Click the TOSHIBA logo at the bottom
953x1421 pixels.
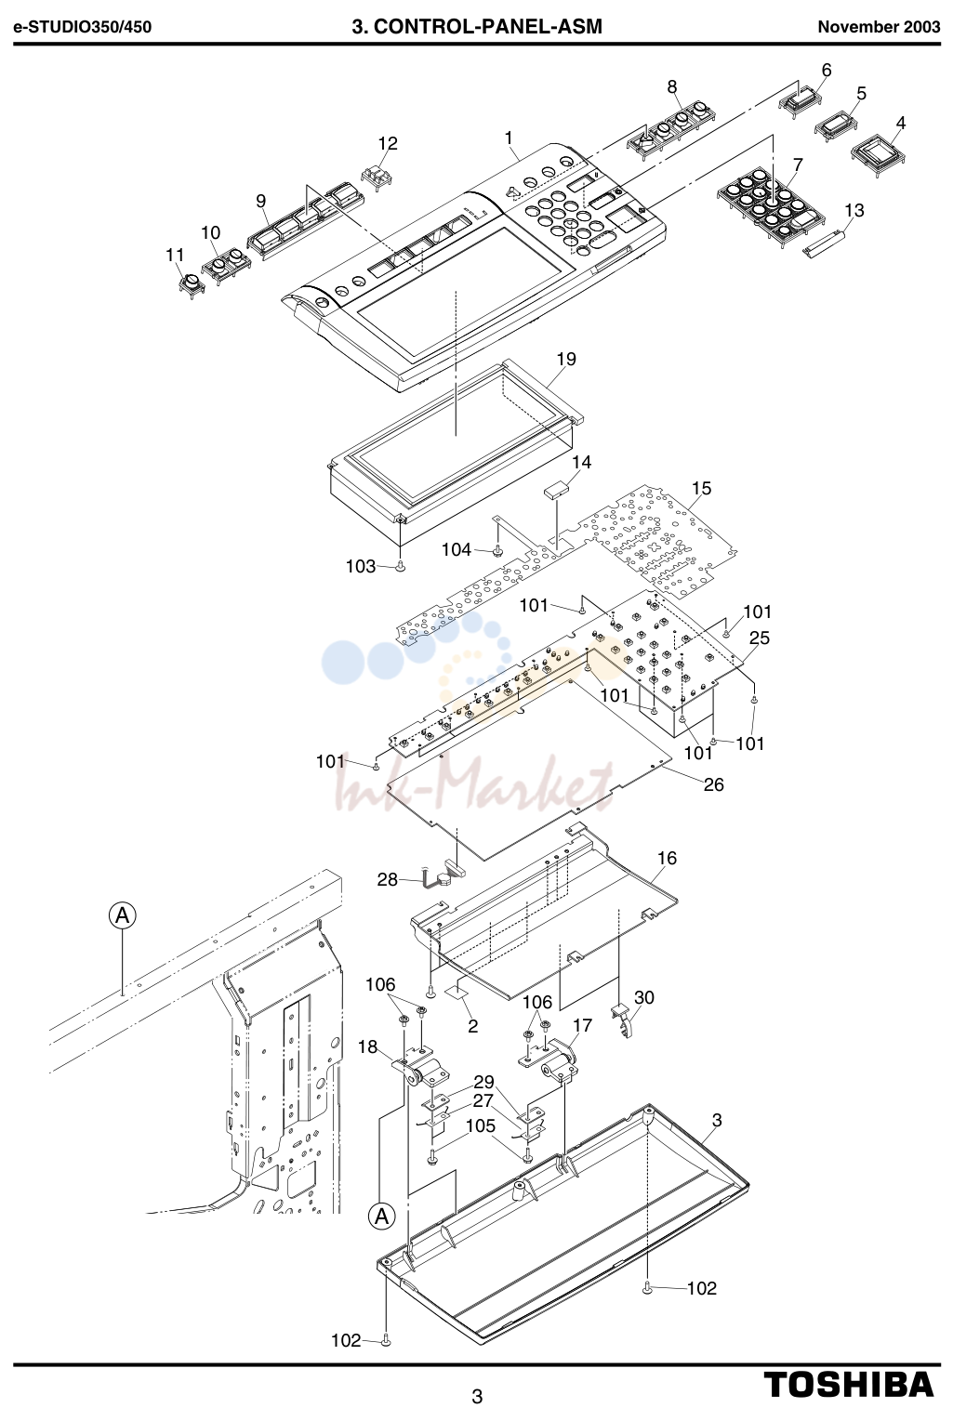[849, 1384]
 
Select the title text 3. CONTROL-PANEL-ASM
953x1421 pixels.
[476, 27]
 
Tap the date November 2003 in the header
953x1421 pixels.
[879, 27]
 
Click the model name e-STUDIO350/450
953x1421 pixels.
[83, 27]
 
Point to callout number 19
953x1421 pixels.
[566, 359]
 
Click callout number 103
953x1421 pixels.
[361, 566]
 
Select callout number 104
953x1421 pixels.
[457, 549]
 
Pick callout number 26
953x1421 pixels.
[713, 784]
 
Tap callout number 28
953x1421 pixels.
[387, 879]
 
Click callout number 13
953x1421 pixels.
[854, 210]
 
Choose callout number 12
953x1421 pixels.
[388, 143]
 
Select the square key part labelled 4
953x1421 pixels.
[878, 155]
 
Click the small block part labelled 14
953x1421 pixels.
[556, 489]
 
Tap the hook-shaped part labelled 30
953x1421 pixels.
[625, 1022]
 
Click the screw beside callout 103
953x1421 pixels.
[401, 567]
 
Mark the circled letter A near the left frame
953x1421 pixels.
[123, 915]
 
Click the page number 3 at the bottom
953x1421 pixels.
[477, 1396]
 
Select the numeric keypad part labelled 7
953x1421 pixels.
[770, 204]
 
